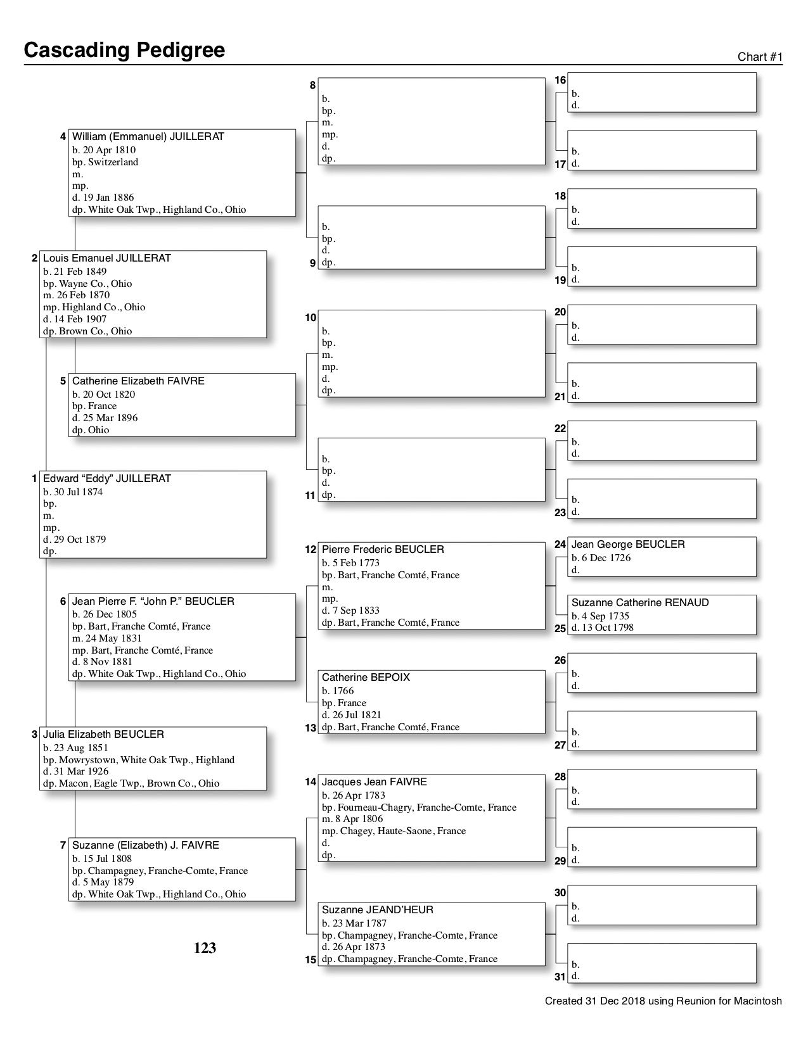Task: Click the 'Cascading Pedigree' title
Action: [x=124, y=50]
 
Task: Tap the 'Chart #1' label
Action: [x=760, y=57]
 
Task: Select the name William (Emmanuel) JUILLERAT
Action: [x=148, y=137]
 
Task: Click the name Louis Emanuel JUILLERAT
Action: [x=106, y=258]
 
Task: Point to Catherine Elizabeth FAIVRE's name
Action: [x=138, y=381]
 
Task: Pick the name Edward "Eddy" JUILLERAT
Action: [x=106, y=479]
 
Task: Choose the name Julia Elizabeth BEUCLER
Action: [x=103, y=735]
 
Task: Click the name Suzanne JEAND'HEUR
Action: [x=377, y=910]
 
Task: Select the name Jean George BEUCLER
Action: [x=628, y=545]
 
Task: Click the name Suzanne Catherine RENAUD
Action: [x=640, y=603]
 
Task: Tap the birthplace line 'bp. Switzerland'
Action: [x=105, y=162]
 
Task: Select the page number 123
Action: [x=205, y=948]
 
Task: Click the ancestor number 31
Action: [x=560, y=977]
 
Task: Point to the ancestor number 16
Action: [x=560, y=80]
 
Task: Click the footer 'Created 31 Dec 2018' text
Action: [x=663, y=1001]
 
